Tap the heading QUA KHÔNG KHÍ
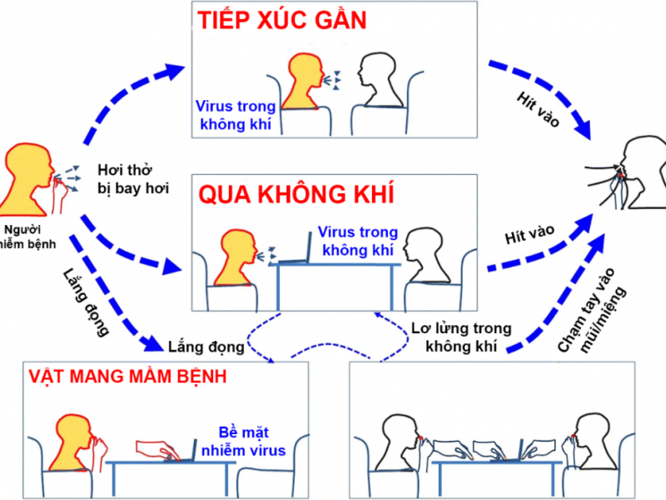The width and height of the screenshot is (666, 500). (x=296, y=195)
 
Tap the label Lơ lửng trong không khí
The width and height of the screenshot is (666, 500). (x=461, y=337)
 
